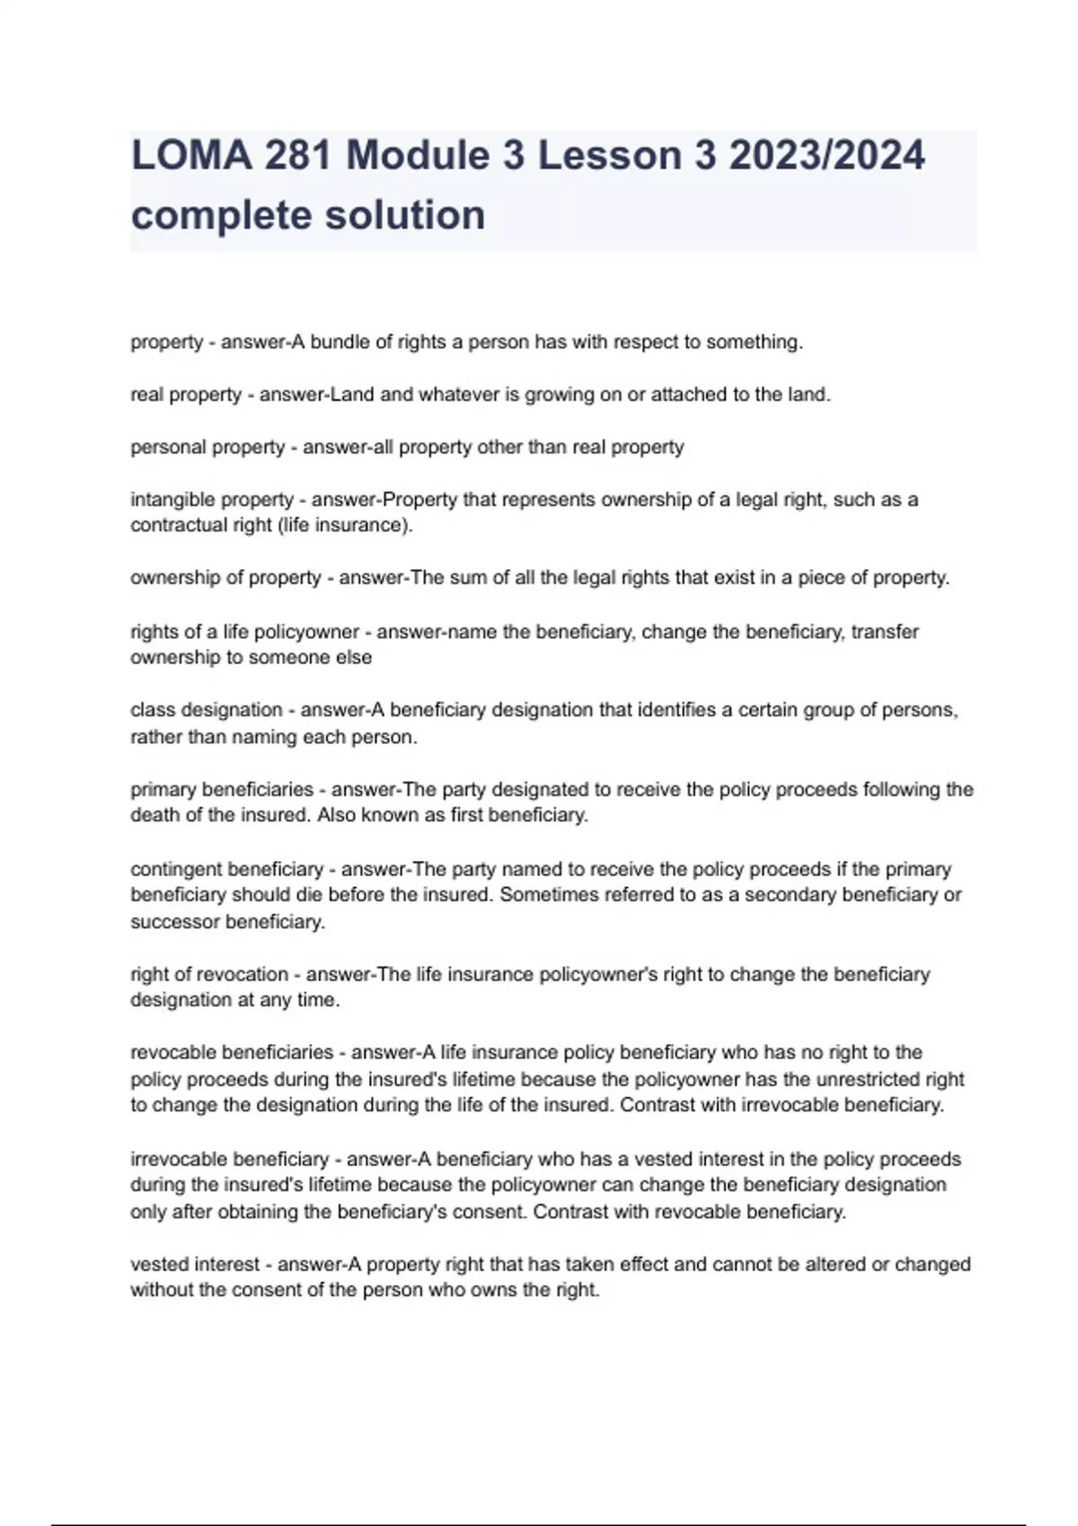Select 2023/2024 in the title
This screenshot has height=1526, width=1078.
[x=826, y=155]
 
